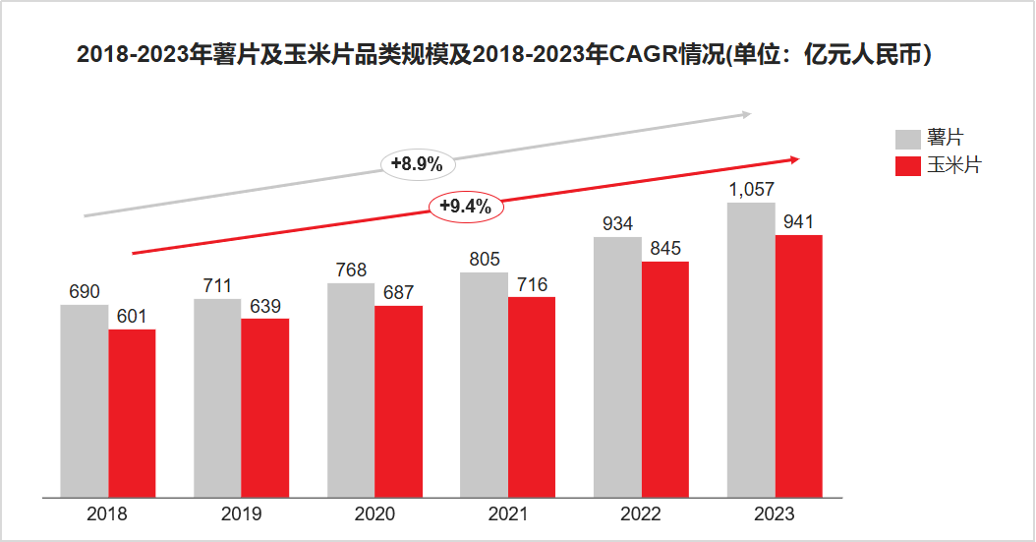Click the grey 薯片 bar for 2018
point(85,400)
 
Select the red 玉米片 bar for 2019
point(264,407)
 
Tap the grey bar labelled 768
point(351,390)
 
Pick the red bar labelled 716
point(532,396)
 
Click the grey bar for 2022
point(617,367)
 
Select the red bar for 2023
point(798,366)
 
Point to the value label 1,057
point(751,190)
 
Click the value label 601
point(132,316)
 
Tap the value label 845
point(665,248)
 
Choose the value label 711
point(217,286)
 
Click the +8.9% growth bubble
point(417,164)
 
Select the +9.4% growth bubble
point(465,207)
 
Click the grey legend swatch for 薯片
point(907,139)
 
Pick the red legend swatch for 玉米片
point(907,165)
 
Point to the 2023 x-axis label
point(775,514)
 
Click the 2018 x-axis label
point(107,514)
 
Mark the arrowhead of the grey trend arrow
point(746,114)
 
